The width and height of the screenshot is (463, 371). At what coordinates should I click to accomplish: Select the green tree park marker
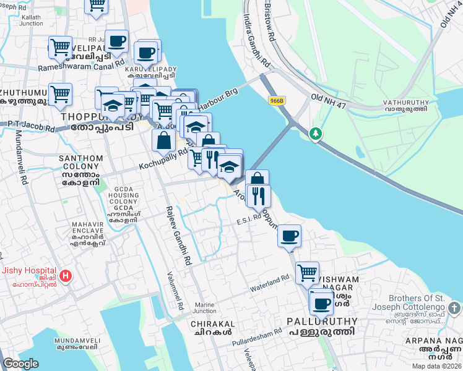[316, 133]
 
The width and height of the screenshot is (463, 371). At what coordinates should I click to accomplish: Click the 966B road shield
[277, 100]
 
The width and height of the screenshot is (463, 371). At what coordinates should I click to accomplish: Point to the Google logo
[20, 364]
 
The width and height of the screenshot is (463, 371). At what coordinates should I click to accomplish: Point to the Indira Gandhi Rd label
[257, 40]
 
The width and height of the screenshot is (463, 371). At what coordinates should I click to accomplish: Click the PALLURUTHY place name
[322, 322]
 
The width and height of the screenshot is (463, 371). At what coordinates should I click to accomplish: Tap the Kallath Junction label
[30, 20]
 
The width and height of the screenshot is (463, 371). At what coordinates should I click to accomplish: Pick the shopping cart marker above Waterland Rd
[307, 272]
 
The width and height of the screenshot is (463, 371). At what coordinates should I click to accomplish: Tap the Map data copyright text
[436, 366]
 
